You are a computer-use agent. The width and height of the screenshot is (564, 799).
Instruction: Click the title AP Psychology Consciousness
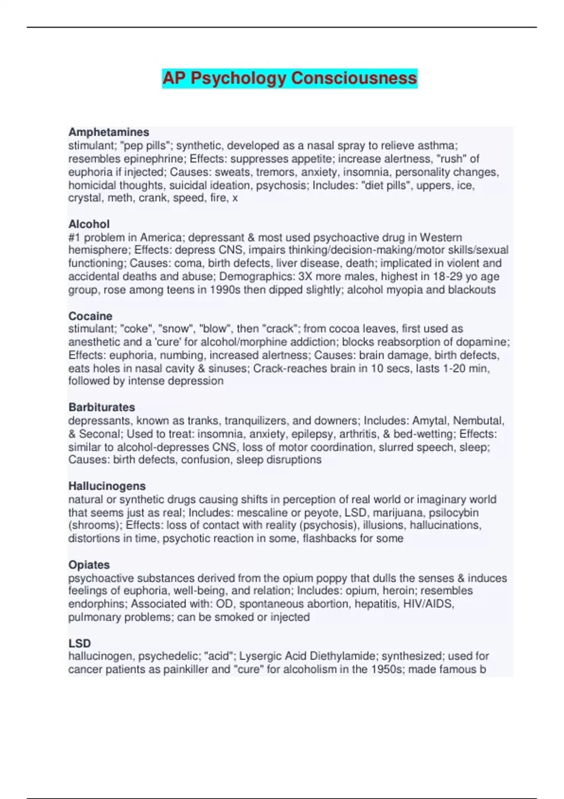point(290,78)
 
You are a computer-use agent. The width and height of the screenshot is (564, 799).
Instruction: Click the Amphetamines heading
point(109,132)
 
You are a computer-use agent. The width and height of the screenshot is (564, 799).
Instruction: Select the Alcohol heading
point(89,224)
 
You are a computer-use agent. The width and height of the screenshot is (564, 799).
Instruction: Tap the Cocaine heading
point(90,316)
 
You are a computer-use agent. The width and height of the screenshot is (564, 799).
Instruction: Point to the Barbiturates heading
point(102,407)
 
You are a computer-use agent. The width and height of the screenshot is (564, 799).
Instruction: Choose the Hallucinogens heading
point(107,486)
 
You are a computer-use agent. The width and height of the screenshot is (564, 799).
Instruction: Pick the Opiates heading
point(89,564)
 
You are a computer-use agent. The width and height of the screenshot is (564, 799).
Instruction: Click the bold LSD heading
point(79,643)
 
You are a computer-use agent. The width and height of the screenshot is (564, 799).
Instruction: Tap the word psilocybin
point(454,512)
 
